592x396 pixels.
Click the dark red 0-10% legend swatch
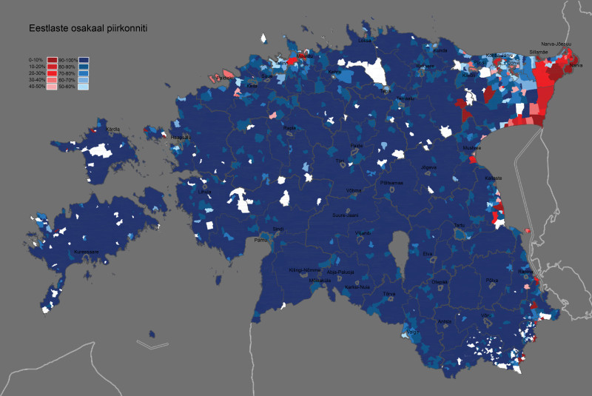pyautogui.click(x=52, y=58)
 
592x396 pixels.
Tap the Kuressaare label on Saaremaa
pyautogui.click(x=85, y=252)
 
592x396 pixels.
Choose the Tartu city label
pyautogui.click(x=460, y=225)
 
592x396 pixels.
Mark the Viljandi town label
pyautogui.click(x=362, y=232)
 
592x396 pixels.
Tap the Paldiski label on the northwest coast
pyautogui.click(x=224, y=77)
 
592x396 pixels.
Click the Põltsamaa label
pyautogui.click(x=391, y=181)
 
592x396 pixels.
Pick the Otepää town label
pyautogui.click(x=440, y=281)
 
